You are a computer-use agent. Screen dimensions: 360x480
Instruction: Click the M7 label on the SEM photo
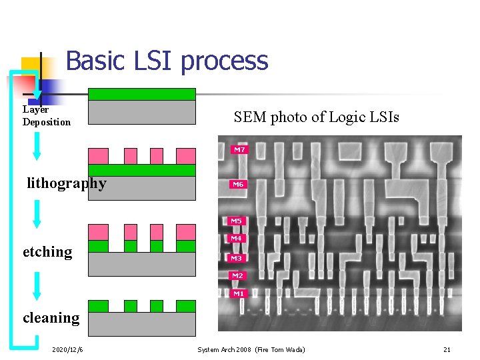pyautogui.click(x=239, y=150)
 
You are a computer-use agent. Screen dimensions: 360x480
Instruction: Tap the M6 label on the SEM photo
pyautogui.click(x=238, y=185)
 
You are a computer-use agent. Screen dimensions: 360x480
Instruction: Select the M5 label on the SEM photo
pyautogui.click(x=237, y=221)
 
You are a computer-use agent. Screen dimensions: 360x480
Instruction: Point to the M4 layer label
pyautogui.click(x=237, y=239)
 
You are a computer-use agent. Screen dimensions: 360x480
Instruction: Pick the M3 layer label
pyautogui.click(x=237, y=258)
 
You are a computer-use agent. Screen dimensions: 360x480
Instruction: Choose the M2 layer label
pyautogui.click(x=238, y=275)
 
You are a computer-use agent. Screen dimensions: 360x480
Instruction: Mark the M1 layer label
pyautogui.click(x=239, y=293)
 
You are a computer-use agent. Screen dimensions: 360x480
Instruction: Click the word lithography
pyautogui.click(x=66, y=183)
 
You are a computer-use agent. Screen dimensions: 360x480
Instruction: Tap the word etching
pyautogui.click(x=47, y=252)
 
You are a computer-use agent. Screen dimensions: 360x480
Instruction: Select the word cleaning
pyautogui.click(x=51, y=318)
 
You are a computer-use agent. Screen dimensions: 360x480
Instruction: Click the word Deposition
pyautogui.click(x=46, y=122)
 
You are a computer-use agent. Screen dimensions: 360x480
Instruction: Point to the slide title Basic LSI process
pyautogui.click(x=167, y=61)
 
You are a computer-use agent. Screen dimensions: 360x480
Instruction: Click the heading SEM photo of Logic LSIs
pyautogui.click(x=316, y=117)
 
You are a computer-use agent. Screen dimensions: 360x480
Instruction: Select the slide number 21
pyautogui.click(x=447, y=349)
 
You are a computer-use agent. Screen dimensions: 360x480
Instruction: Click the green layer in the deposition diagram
pyautogui.click(x=142, y=94)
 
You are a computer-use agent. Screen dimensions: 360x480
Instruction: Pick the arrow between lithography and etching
pyautogui.click(x=37, y=214)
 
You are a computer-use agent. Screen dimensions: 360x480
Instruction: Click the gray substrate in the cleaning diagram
pyautogui.click(x=142, y=324)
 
